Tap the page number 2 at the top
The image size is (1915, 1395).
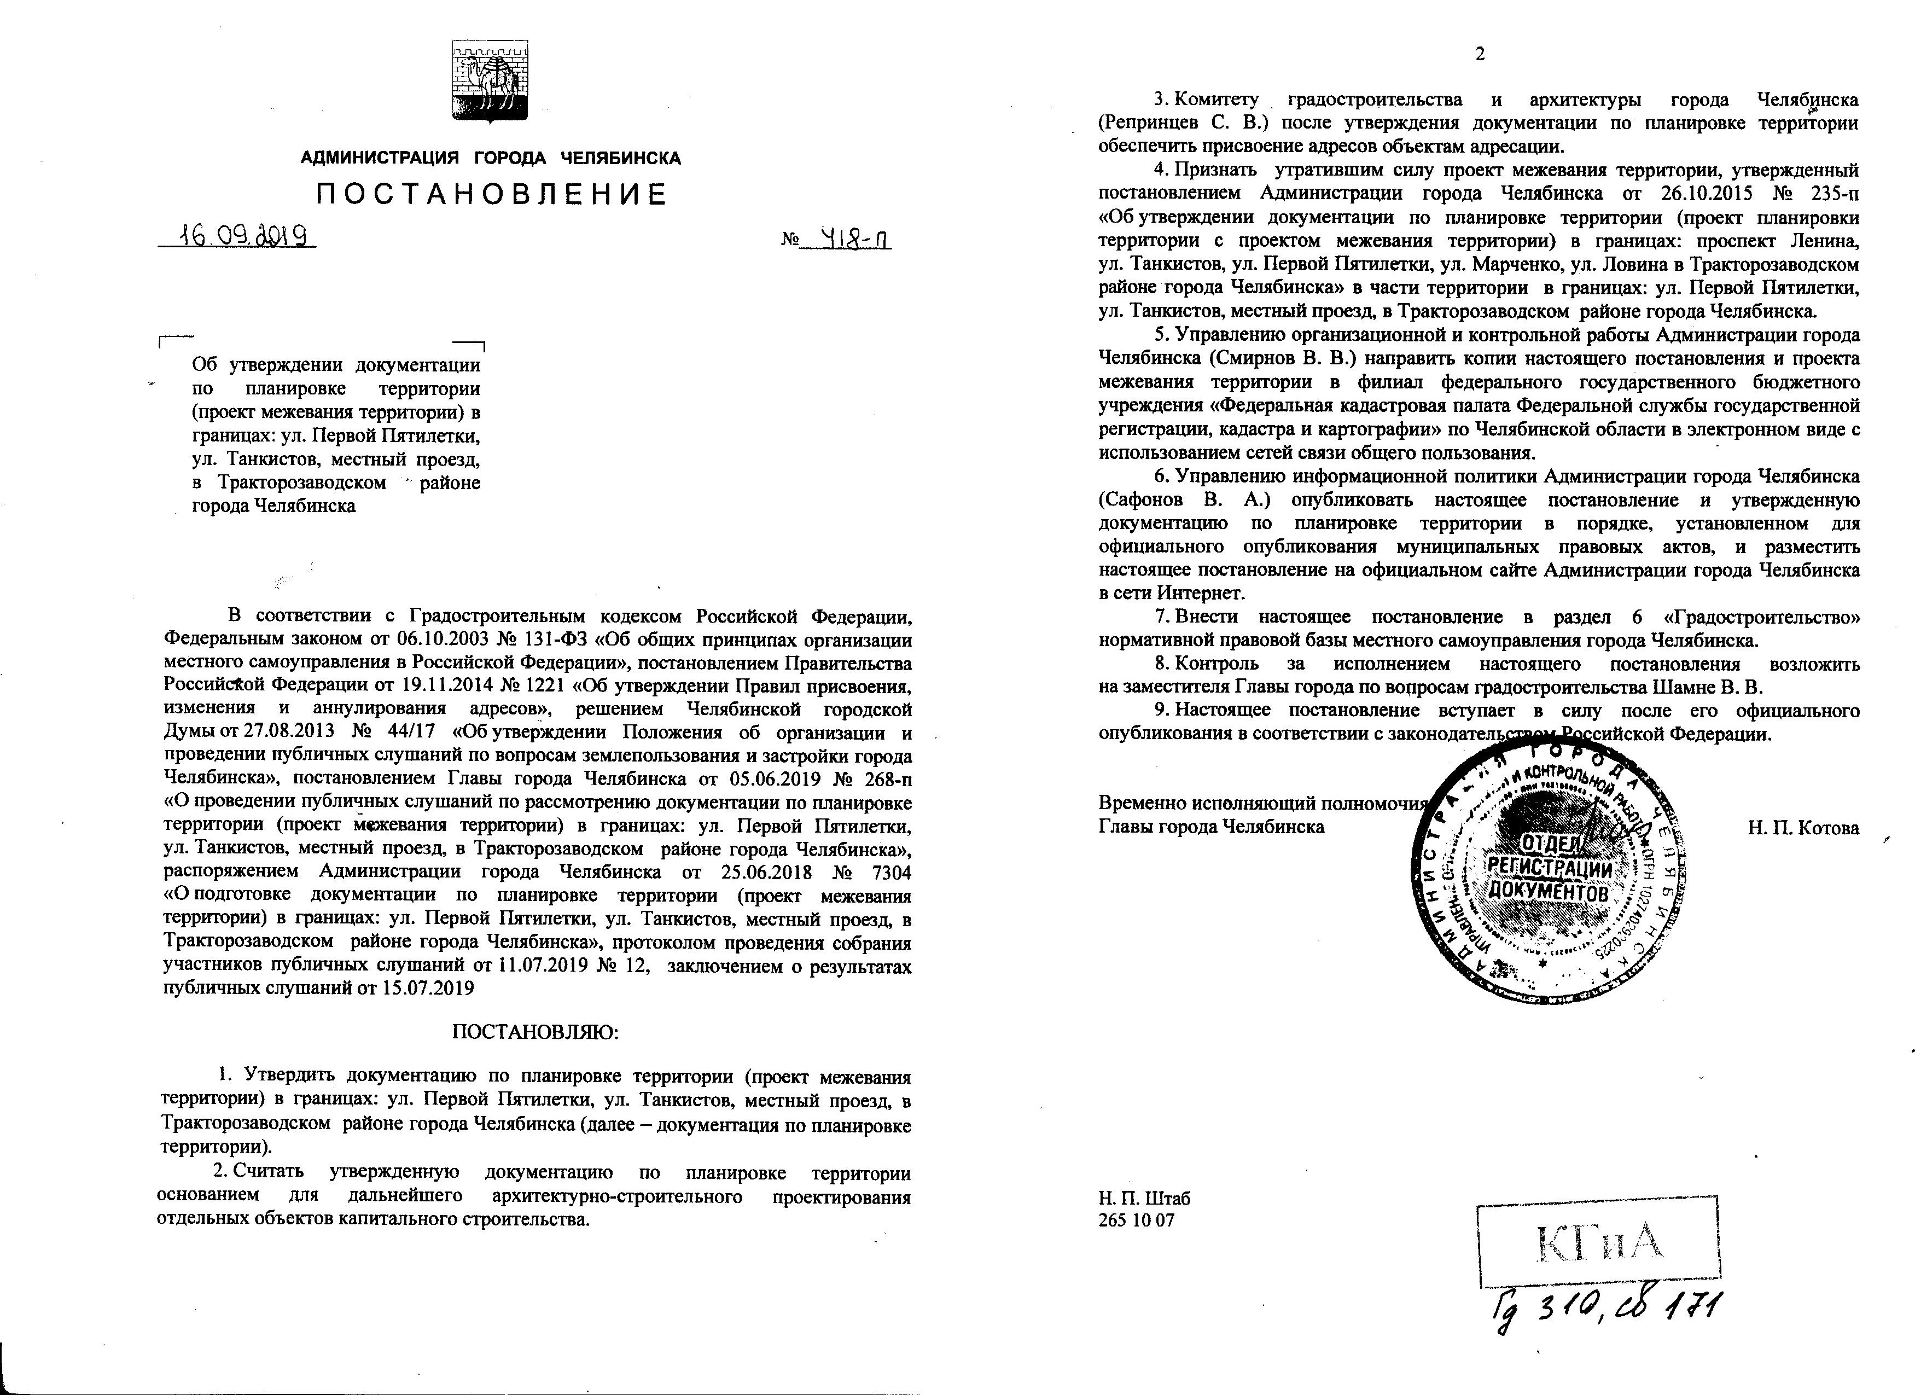tap(1479, 55)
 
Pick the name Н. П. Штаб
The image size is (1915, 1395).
tap(1144, 1198)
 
